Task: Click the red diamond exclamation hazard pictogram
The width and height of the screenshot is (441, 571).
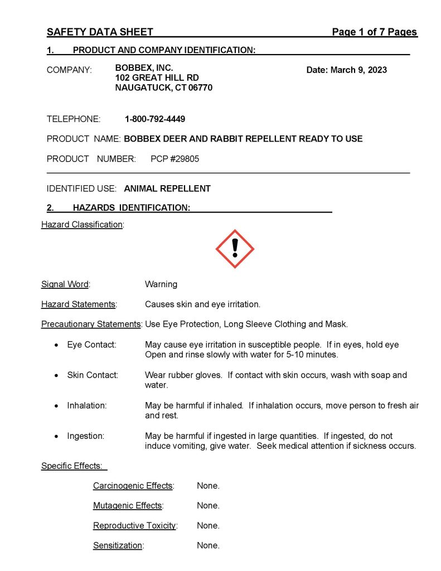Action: click(x=235, y=249)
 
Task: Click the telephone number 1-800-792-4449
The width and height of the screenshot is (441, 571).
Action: click(x=155, y=119)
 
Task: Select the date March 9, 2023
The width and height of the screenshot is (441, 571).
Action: click(x=346, y=70)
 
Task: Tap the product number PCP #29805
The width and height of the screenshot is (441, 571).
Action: click(x=175, y=159)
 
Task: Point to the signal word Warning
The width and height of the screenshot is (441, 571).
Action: click(x=161, y=284)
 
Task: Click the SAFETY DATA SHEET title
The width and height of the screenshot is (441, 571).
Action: click(x=100, y=32)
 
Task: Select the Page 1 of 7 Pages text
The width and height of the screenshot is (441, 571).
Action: click(x=374, y=32)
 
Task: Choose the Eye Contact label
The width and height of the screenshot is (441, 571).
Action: click(x=91, y=345)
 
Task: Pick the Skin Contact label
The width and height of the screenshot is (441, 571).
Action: click(x=93, y=375)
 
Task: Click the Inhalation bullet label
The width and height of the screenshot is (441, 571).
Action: click(x=87, y=405)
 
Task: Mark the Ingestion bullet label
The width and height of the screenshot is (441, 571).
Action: click(x=85, y=435)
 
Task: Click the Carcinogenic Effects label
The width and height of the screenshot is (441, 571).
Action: click(x=133, y=486)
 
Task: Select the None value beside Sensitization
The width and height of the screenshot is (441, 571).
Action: click(x=208, y=545)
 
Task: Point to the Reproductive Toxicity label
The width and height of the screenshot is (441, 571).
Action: click(x=134, y=526)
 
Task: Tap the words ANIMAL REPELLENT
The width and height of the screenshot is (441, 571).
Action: click(x=167, y=188)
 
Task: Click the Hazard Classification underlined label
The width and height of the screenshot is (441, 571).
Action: click(x=82, y=225)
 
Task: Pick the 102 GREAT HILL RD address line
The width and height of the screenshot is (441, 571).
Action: click(x=157, y=78)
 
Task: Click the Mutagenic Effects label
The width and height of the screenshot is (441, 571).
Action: click(x=128, y=506)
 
